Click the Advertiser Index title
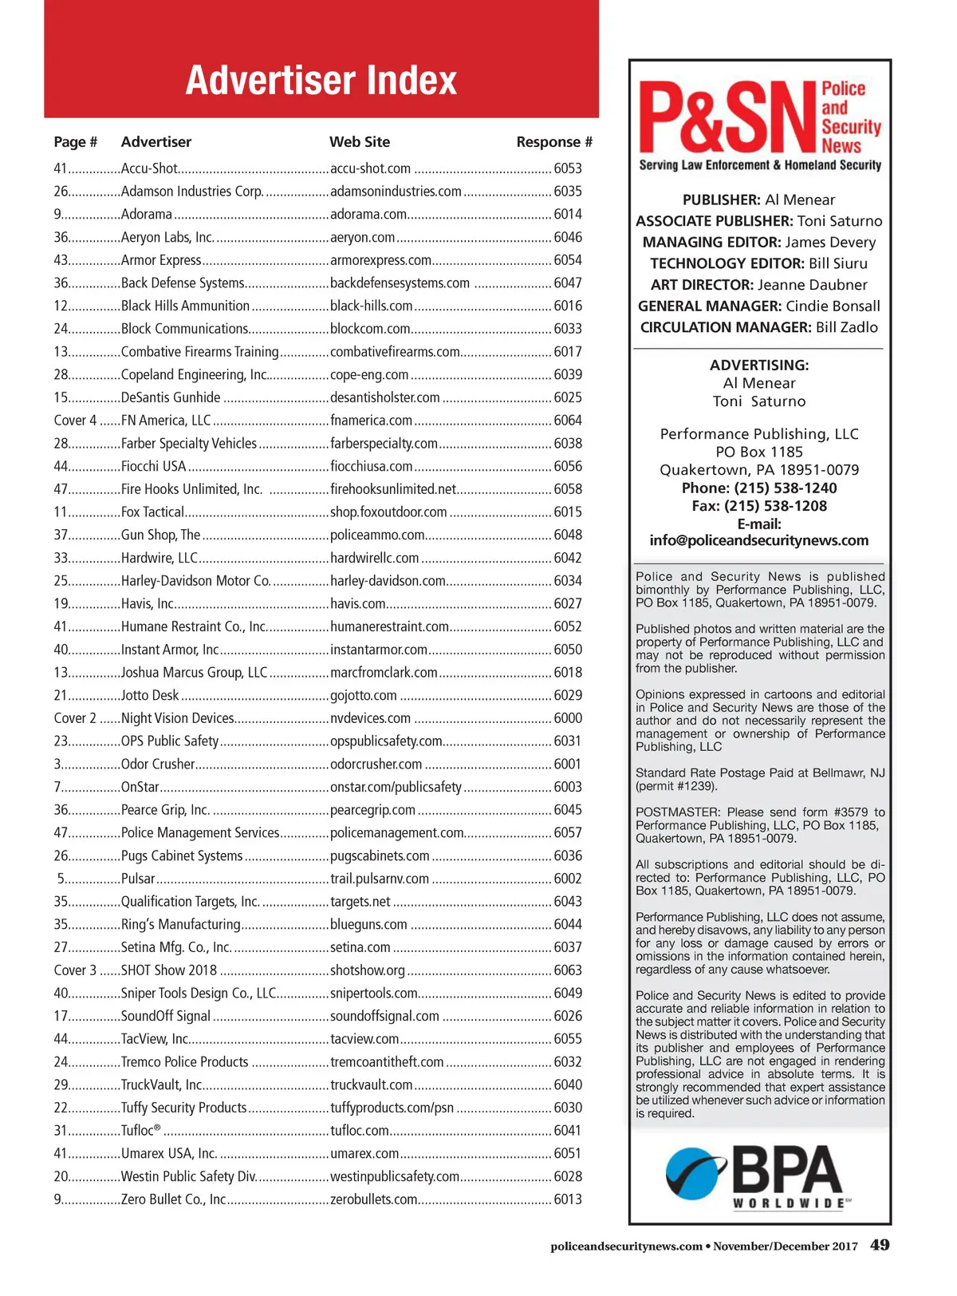tap(321, 81)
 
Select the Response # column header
tap(553, 142)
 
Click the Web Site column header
tap(360, 142)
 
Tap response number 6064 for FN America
tap(568, 421)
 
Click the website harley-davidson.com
tap(388, 581)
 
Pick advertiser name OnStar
tap(140, 788)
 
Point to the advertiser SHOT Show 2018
tap(169, 970)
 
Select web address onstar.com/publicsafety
tap(396, 788)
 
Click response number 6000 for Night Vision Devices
tap(568, 718)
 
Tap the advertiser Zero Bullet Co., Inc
tap(173, 1199)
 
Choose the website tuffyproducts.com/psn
tap(392, 1108)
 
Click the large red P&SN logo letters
tap(727, 118)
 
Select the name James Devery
tap(830, 243)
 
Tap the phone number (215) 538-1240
tap(785, 488)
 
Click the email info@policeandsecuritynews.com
tap(758, 541)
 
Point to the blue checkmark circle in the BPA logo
tap(695, 1174)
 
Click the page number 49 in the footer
tap(880, 1245)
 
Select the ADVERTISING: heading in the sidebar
tap(759, 365)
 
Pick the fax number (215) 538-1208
tap(775, 506)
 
